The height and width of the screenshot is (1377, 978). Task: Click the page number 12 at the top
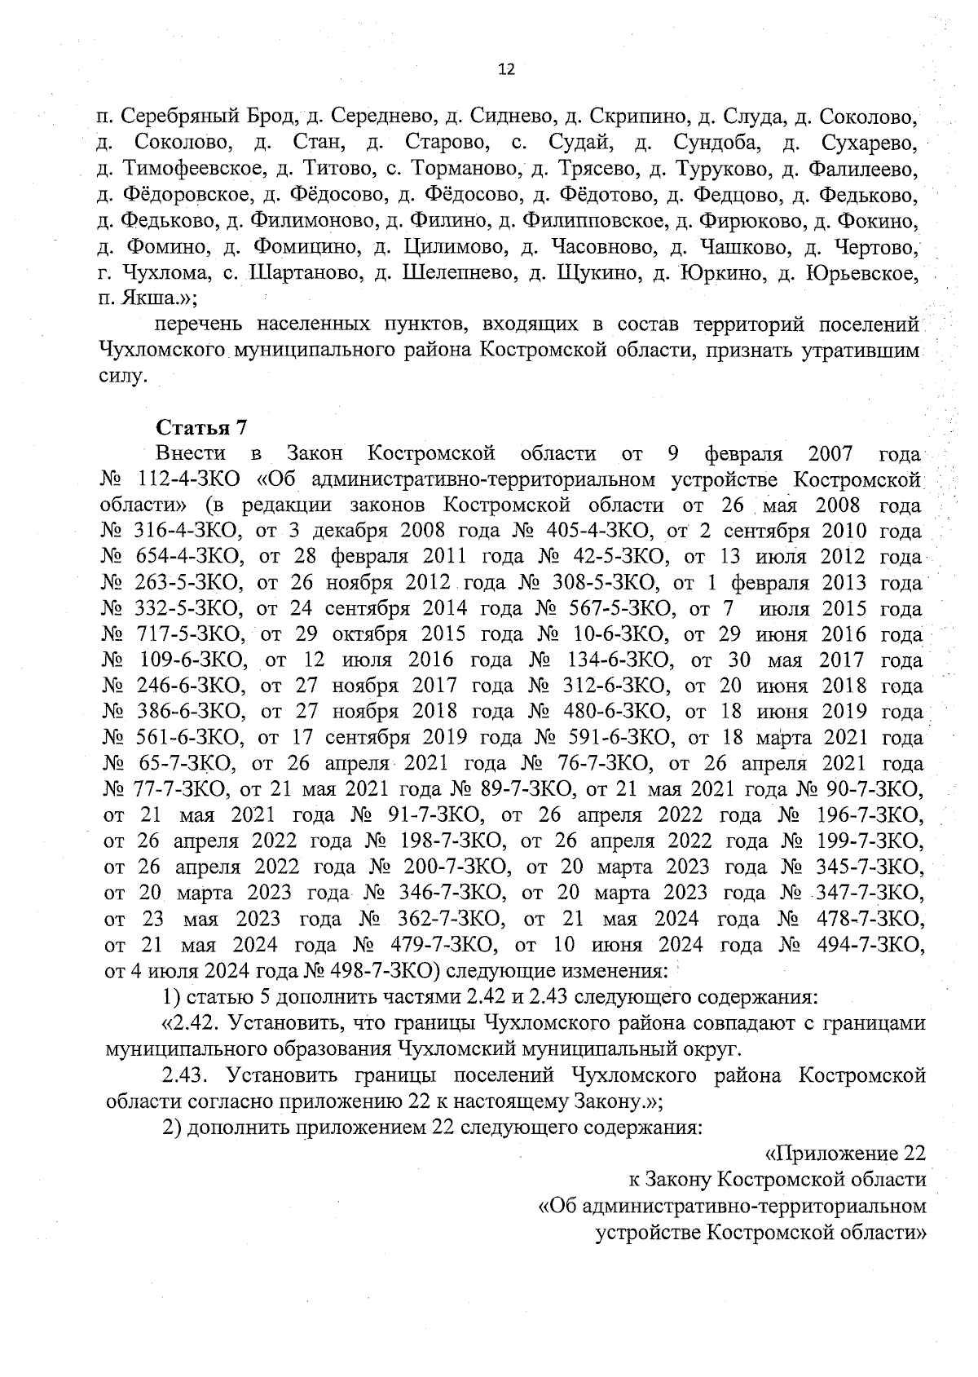(506, 70)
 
